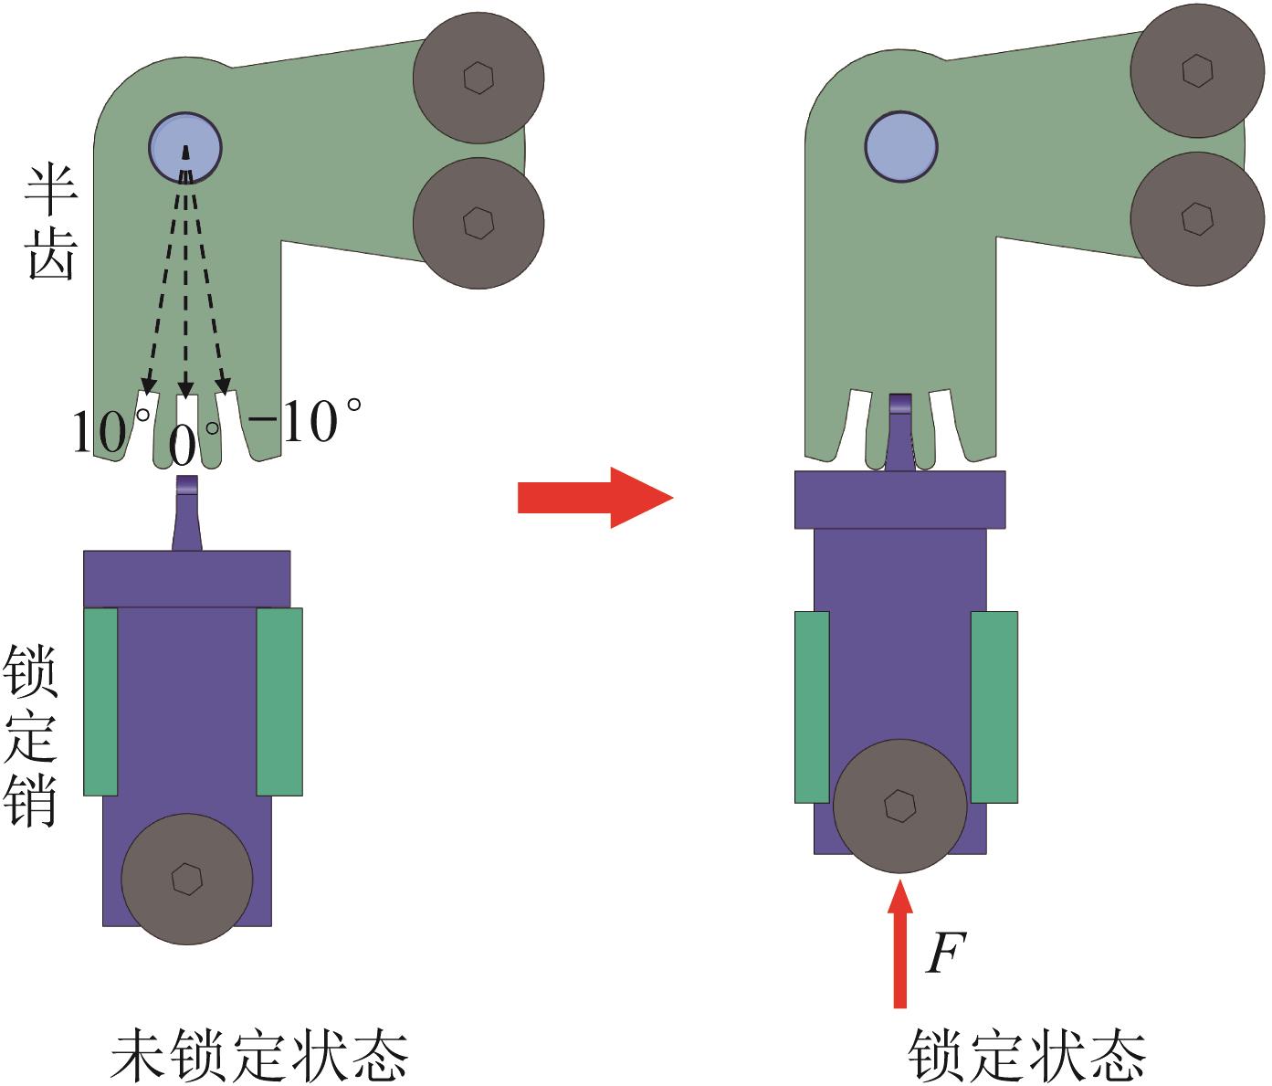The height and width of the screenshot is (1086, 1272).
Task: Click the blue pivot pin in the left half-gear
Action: coord(185,148)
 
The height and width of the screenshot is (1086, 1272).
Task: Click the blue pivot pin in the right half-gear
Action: coord(901,146)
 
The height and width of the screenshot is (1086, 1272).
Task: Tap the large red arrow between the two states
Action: coord(594,498)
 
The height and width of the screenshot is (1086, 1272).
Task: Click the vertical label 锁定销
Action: coord(33,736)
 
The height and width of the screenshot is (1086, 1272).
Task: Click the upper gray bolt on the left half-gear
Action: coord(478,78)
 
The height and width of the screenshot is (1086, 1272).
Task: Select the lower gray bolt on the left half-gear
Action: coord(478,222)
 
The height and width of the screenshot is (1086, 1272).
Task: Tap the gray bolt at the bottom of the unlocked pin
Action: coord(187,879)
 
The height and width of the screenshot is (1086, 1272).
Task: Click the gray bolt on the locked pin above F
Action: coord(899,805)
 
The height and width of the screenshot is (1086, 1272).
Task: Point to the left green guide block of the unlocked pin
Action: coord(100,701)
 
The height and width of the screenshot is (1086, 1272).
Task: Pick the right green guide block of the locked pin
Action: coord(993,707)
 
